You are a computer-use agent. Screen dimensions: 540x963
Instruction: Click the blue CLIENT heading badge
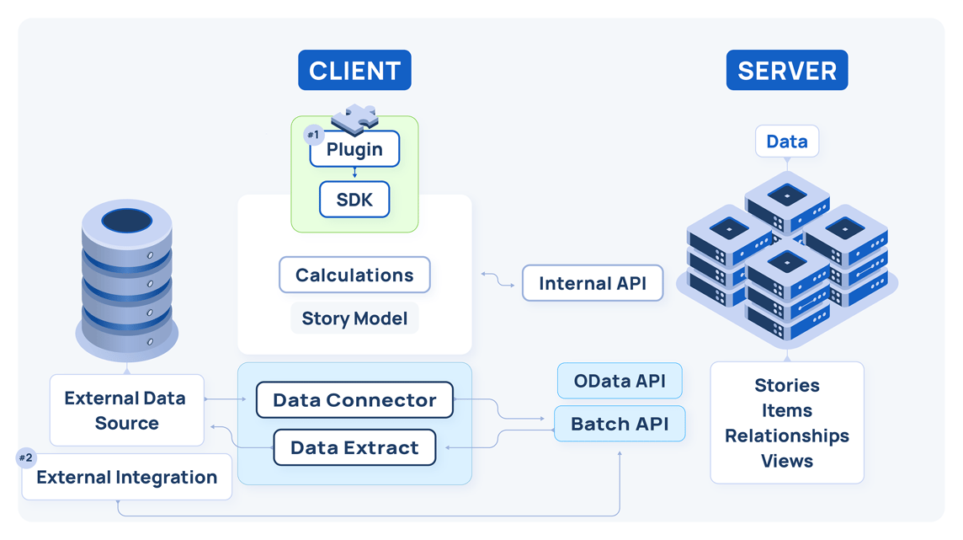(354, 71)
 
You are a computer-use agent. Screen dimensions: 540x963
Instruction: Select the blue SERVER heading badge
(786, 71)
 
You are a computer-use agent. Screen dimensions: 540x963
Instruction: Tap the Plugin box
(354, 150)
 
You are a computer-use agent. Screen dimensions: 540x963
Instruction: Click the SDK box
(354, 200)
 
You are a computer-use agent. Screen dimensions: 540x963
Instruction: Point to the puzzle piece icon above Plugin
(354, 119)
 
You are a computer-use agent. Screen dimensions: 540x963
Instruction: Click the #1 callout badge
(313, 135)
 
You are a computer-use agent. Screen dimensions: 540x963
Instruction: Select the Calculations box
(354, 275)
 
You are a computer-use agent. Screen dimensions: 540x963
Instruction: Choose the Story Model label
(354, 319)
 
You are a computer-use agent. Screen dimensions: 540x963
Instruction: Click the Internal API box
(593, 284)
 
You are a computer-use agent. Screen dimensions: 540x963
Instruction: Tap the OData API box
(620, 381)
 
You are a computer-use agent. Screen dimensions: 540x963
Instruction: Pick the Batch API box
(620, 424)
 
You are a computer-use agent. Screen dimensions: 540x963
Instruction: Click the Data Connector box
(354, 400)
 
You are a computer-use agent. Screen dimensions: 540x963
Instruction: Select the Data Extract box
(354, 447)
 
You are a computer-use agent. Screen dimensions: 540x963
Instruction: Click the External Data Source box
(126, 410)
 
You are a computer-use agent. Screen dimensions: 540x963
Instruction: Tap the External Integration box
(126, 478)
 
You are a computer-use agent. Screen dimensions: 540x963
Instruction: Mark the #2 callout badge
(26, 458)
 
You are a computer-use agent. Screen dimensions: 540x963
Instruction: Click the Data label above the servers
(786, 142)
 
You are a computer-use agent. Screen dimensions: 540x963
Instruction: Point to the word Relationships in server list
(786, 436)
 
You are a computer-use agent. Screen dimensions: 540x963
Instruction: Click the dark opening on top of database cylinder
(126, 221)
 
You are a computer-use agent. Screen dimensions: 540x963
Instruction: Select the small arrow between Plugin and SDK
(354, 174)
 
